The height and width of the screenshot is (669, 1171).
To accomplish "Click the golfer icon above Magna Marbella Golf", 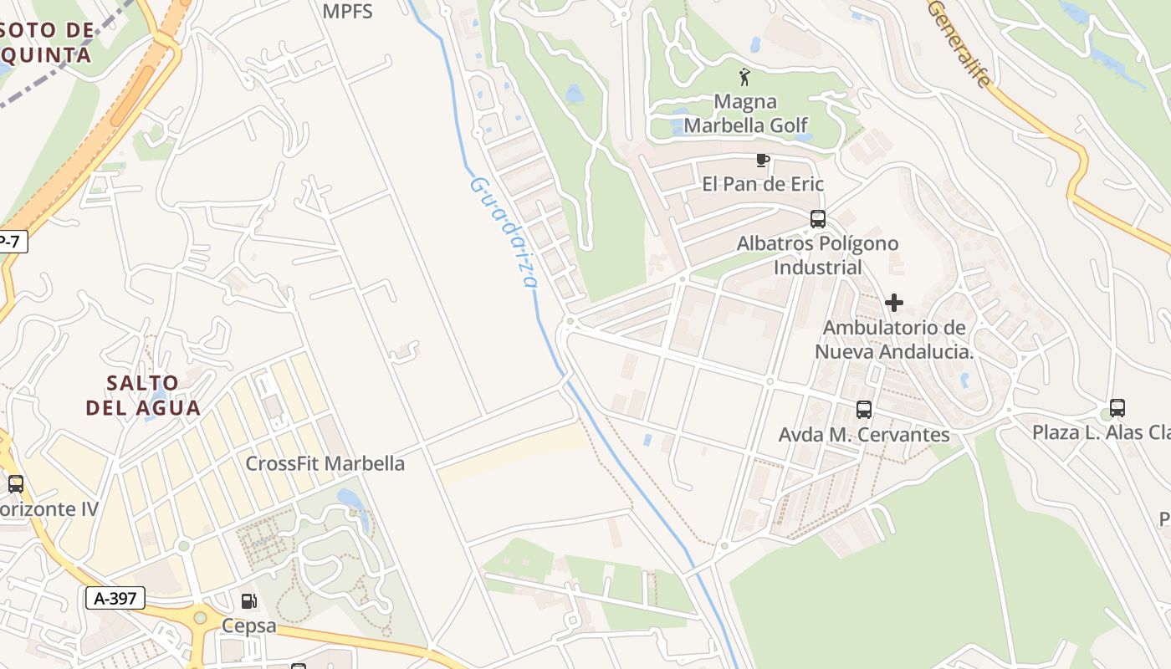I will [744, 78].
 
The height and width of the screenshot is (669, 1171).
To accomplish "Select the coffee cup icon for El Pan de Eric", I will [762, 160].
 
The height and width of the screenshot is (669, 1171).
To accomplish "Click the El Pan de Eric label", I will [763, 184].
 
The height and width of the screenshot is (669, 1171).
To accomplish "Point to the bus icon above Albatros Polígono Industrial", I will [818, 219].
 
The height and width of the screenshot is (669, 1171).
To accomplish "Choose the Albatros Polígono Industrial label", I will [817, 255].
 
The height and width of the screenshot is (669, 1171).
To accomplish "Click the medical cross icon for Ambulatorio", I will [894, 303].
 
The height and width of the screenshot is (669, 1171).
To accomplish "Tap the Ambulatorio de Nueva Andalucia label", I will [894, 339].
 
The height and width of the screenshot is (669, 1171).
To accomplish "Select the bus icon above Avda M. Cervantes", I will [864, 410].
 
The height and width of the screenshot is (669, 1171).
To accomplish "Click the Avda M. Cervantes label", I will [864, 435].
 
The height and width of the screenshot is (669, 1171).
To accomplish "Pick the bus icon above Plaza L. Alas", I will [1117, 408].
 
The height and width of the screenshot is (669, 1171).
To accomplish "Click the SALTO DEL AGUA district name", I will [143, 396].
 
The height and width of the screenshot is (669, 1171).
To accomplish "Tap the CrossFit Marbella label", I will [325, 463].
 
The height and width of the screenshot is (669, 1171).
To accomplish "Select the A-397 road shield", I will [115, 598].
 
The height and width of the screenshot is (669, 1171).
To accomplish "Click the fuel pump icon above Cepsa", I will [248, 600].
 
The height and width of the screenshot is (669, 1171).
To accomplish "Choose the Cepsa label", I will [248, 626].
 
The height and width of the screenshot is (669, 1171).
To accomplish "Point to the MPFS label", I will [347, 12].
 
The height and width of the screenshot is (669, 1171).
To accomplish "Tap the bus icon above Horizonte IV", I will [15, 483].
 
